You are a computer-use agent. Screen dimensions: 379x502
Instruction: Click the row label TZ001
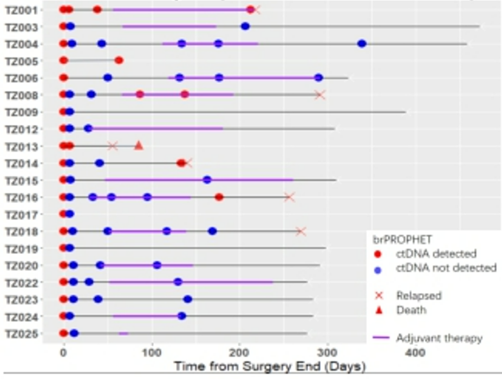click(x=21, y=10)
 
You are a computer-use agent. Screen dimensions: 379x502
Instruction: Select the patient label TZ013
click(x=21, y=146)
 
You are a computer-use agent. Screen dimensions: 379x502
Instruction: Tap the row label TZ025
click(x=21, y=334)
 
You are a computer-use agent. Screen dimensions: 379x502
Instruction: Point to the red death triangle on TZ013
click(x=139, y=145)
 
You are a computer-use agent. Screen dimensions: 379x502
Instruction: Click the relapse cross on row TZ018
click(x=301, y=231)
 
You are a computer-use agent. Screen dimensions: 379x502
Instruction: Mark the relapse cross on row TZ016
click(x=289, y=197)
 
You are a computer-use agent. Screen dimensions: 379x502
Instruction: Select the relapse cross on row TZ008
click(x=320, y=95)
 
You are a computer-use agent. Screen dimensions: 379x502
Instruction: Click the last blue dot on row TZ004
click(x=362, y=44)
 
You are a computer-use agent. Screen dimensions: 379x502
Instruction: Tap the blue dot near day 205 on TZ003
click(x=245, y=26)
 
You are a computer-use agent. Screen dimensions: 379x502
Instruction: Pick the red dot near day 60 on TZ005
click(x=119, y=60)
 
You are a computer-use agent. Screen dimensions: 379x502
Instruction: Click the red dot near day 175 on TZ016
click(x=219, y=197)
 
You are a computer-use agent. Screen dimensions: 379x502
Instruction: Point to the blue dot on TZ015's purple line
click(x=207, y=180)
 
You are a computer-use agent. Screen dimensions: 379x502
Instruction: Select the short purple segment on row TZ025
click(x=123, y=334)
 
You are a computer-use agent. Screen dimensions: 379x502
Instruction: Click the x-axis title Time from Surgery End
click(x=269, y=367)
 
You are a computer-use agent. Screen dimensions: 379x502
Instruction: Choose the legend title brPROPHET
click(x=402, y=239)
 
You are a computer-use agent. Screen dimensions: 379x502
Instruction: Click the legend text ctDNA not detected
click(x=446, y=268)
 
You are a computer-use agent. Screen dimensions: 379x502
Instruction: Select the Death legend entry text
click(x=411, y=310)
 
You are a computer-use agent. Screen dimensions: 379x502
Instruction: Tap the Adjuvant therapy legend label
click(x=439, y=338)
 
